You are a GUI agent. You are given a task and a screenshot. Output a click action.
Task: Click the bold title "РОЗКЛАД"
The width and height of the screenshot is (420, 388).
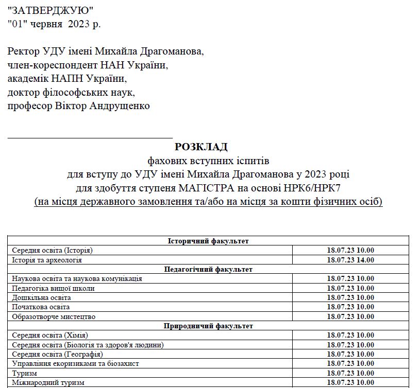click(x=201, y=147)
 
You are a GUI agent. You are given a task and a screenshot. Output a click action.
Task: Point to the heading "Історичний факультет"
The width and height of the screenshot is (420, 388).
click(x=208, y=241)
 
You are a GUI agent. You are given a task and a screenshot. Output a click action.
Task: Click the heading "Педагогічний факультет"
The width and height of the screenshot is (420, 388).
click(x=208, y=269)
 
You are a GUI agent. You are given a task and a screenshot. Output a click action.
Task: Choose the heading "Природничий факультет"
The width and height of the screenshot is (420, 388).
click(x=208, y=326)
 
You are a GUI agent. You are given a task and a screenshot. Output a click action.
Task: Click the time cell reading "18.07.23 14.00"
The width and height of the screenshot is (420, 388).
click(x=350, y=260)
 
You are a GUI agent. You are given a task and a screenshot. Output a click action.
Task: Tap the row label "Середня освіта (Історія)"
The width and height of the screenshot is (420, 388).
click(x=52, y=251)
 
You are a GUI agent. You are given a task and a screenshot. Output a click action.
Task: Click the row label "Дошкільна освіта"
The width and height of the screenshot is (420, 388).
click(x=41, y=297)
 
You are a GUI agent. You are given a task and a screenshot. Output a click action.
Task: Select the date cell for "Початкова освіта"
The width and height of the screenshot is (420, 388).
click(x=350, y=307)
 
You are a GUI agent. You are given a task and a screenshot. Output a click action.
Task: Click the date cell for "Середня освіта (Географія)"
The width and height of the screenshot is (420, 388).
click(x=350, y=354)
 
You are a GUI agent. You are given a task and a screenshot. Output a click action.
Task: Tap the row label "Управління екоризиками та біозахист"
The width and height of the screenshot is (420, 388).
click(x=75, y=363)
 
